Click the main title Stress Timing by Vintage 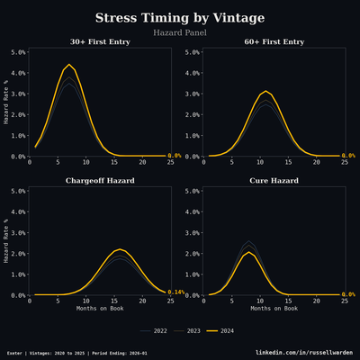[x=179, y=18]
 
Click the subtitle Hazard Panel [x=179, y=32]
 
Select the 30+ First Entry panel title [x=98, y=42]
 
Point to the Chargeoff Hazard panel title [x=98, y=182]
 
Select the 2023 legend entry [x=188, y=331]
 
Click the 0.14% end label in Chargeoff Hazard [x=176, y=292]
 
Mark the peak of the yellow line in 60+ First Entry [x=265, y=91]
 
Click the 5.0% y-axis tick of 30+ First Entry [x=17, y=52]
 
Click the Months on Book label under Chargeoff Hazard [x=98, y=309]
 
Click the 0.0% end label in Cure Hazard [x=349, y=294]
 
